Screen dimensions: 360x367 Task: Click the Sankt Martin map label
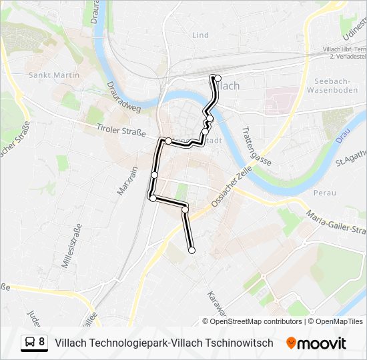[x=54, y=75]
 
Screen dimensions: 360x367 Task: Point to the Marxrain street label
[x=127, y=180]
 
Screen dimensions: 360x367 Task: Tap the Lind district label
[x=200, y=35]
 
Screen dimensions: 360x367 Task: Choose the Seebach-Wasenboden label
[x=332, y=85]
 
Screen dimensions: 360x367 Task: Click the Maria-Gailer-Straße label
[x=336, y=223]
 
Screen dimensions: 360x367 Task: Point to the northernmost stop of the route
[x=218, y=78]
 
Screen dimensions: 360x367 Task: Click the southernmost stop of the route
[x=192, y=251]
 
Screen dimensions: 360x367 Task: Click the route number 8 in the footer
[x=42, y=343]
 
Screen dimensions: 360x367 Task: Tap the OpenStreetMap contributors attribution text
[x=252, y=321]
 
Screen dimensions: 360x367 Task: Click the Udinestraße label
[x=352, y=27]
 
